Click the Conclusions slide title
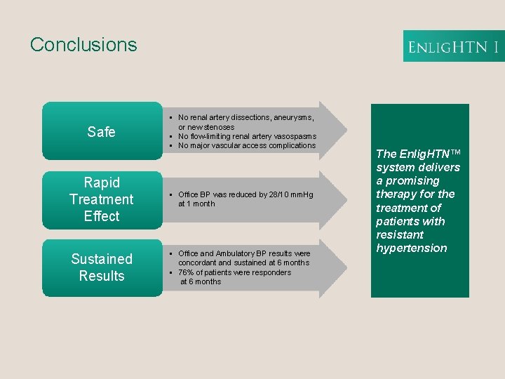tap(83, 44)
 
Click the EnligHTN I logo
tap(453, 47)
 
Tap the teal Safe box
tap(102, 131)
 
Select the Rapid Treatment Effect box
tap(102, 199)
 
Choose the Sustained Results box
tap(102, 267)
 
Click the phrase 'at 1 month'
tap(196, 204)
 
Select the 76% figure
tap(187, 272)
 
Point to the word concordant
tap(198, 262)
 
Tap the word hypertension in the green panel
tap(412, 248)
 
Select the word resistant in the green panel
tap(400, 234)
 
